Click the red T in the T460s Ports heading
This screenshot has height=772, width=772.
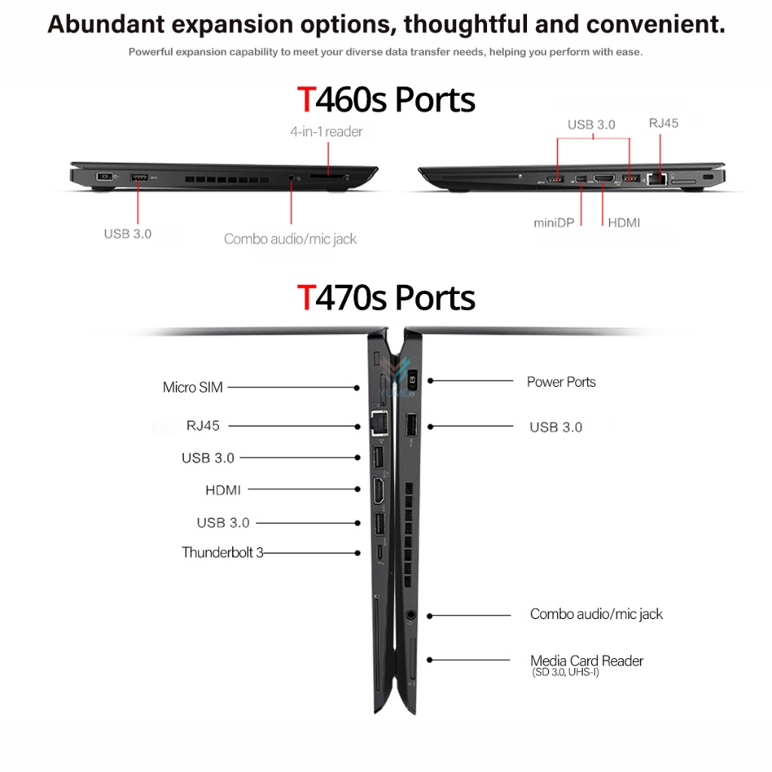306,100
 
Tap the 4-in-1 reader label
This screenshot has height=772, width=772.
326,131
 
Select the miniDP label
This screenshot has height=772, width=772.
554,223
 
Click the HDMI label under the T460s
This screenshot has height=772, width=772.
623,223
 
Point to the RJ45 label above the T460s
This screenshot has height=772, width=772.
663,123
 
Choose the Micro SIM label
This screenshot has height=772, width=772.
192,388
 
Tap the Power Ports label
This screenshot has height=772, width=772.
561,382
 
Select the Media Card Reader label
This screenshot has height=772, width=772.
587,660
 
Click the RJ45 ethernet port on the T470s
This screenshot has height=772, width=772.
379,424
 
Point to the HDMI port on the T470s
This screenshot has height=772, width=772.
378,491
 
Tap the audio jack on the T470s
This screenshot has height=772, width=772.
410,614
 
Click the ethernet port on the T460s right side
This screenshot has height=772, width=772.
657,179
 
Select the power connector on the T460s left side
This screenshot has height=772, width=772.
104,176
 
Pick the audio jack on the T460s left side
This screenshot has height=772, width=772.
291,177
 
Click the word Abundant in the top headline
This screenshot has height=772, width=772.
106,24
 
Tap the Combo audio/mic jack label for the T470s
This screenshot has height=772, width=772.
596,614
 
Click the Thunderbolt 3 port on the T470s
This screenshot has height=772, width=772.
380,552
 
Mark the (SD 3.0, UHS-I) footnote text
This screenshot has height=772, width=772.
565,672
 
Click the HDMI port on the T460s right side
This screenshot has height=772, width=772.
604,178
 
